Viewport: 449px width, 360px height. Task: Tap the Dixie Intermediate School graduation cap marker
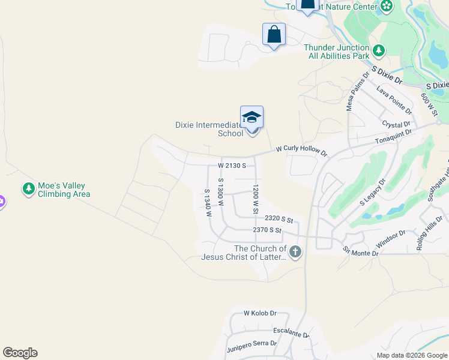tap(252, 117)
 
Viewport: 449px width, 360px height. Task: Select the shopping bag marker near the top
tap(274, 34)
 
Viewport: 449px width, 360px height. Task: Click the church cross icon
tap(295, 253)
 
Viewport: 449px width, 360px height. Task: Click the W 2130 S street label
tap(232, 165)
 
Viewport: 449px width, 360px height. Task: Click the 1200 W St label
tap(255, 200)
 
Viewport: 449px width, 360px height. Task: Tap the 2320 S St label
tap(279, 220)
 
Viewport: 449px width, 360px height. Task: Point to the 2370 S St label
tap(267, 230)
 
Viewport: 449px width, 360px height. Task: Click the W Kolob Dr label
tap(259, 313)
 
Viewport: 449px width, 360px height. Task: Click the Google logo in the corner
tap(20, 353)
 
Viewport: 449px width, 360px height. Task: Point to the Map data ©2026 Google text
tap(412, 355)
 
